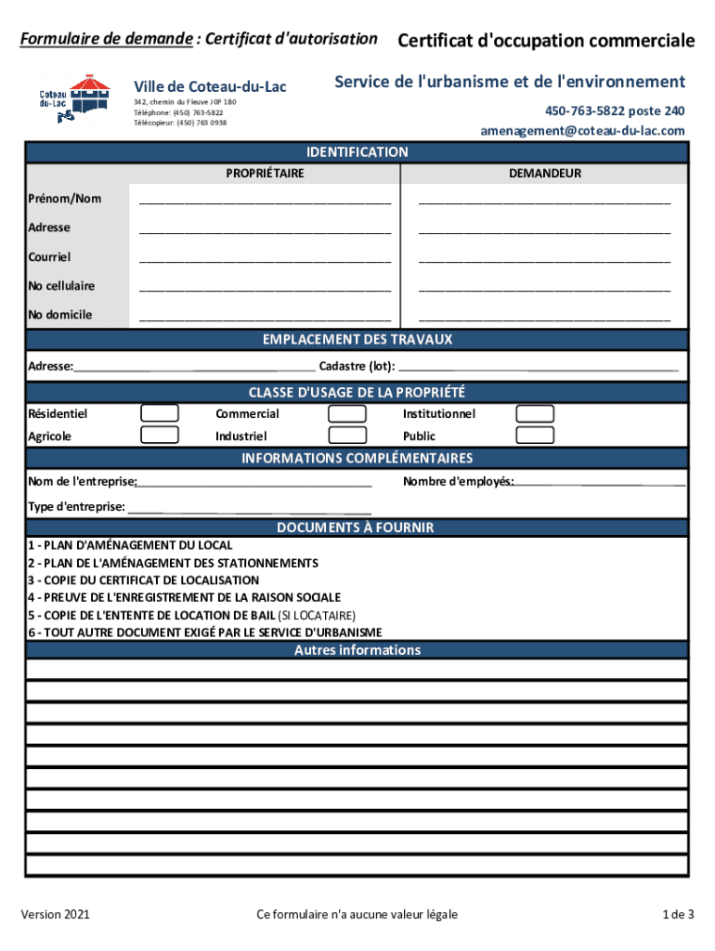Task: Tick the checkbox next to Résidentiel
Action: tap(160, 413)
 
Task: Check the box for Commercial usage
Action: tap(348, 413)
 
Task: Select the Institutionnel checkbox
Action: tap(535, 413)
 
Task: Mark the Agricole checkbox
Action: tap(160, 435)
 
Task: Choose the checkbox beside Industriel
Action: tap(348, 435)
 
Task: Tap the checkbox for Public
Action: tap(535, 435)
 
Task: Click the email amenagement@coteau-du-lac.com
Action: tap(582, 131)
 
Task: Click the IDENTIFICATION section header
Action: tap(357, 152)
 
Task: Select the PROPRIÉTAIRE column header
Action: tap(265, 174)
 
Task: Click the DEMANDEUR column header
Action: tap(544, 174)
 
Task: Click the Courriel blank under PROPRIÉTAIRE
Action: tap(265, 258)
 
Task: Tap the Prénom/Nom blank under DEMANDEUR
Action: tap(544, 201)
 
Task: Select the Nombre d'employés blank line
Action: tap(601, 482)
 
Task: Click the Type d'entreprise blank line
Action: tap(249, 508)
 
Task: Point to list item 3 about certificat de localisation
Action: tap(143, 580)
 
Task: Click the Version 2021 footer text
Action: tap(56, 915)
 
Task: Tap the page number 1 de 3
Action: tap(678, 915)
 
